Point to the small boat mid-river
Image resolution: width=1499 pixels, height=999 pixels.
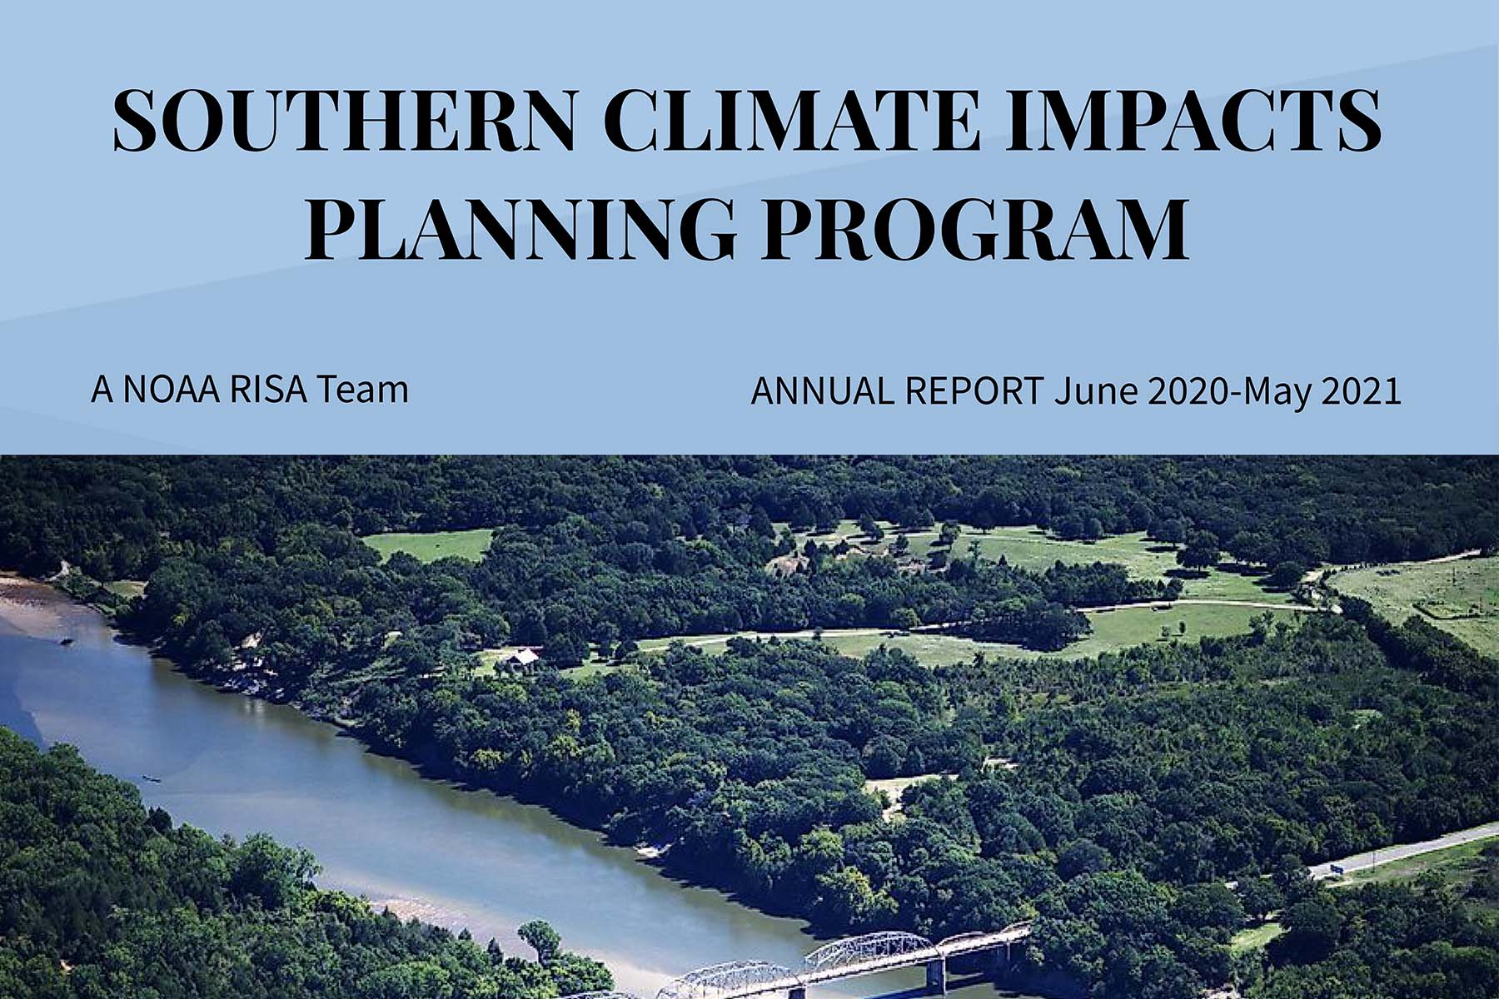tap(151, 778)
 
